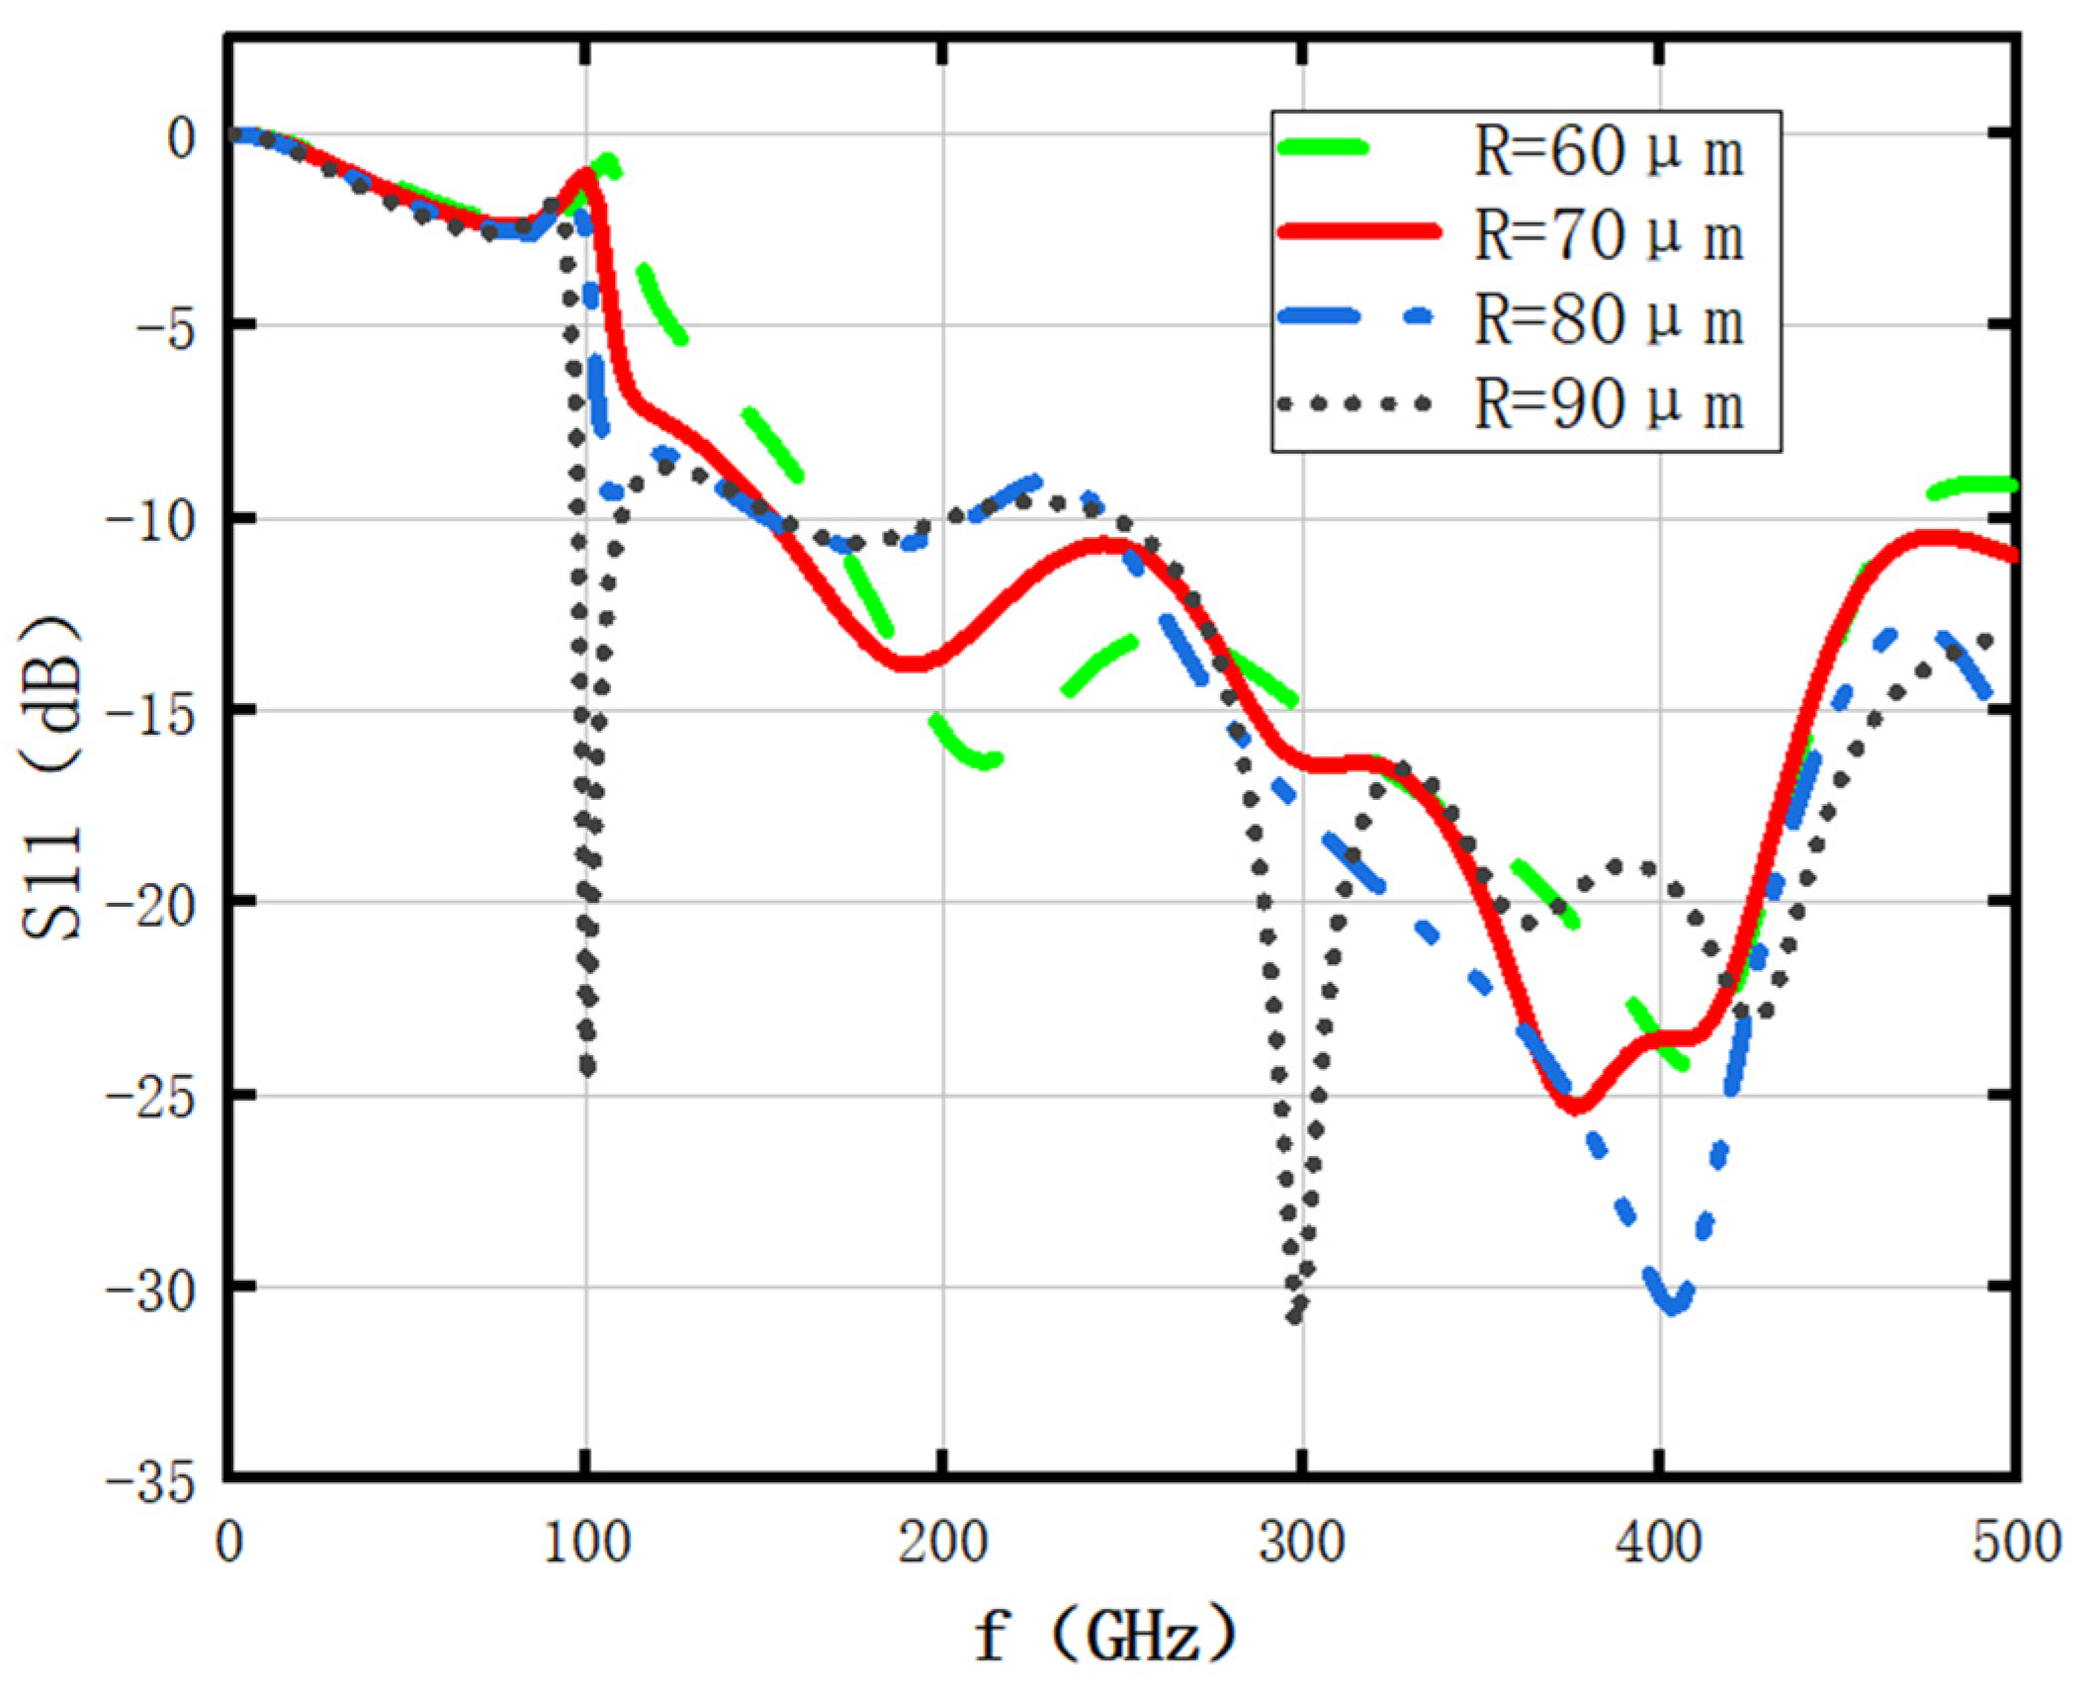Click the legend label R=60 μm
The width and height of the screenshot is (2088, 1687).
coord(1609,153)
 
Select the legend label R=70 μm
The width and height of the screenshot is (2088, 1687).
coord(1609,237)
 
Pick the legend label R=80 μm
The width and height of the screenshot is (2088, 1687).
coord(1609,321)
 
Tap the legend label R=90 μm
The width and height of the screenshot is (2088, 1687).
coord(1609,405)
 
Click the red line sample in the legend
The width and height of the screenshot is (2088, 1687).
coord(1356,232)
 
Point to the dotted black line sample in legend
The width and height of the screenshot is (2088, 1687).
coord(1354,402)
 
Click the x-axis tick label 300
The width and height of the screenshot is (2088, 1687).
coord(1301,1544)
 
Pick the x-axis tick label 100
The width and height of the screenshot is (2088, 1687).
coord(587,1544)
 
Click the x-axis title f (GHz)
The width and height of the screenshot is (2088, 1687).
coord(1105,1635)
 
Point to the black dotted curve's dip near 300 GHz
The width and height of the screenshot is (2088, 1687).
coord(1296,1315)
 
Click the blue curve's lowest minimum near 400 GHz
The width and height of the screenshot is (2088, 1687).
coord(1672,1305)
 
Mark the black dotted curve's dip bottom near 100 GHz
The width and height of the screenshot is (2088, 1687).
coord(588,1068)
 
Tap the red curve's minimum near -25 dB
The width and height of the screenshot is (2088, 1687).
coord(1578,1106)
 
